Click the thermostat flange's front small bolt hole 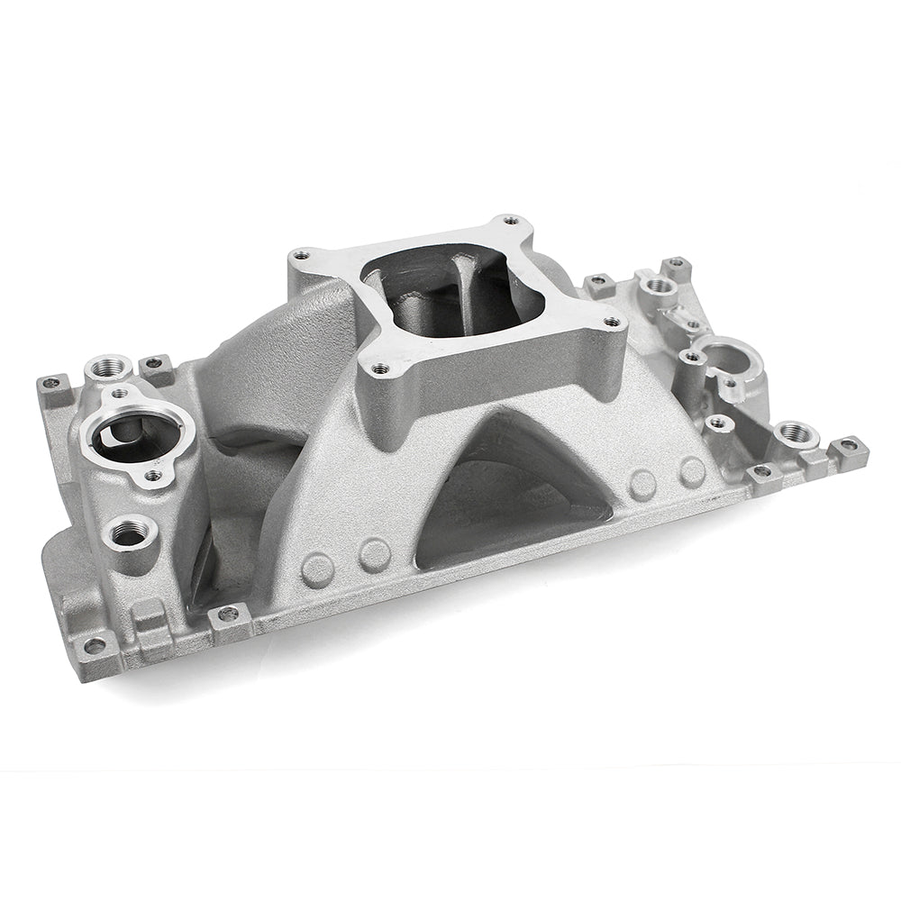tap(154, 475)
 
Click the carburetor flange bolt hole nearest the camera tap(379, 369)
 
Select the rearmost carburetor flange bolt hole tap(510, 220)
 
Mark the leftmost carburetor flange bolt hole tap(301, 255)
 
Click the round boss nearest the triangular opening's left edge tap(374, 553)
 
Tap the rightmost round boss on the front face tap(692, 471)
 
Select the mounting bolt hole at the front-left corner tap(96, 645)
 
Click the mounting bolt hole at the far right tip tap(849, 445)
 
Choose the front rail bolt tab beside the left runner tap(228, 614)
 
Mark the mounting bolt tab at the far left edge tap(52, 382)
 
